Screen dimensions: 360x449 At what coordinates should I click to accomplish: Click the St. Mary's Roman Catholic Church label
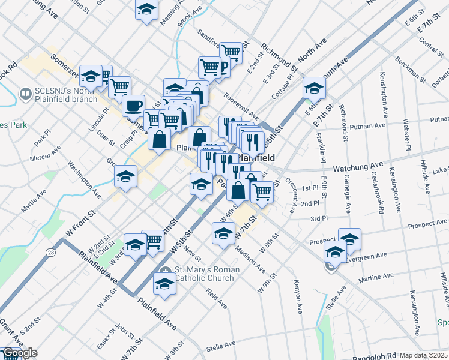coord(206,274)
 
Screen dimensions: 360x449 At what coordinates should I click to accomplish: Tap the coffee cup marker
coord(133,106)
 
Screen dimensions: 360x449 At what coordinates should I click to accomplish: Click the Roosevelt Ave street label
coord(240,105)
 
